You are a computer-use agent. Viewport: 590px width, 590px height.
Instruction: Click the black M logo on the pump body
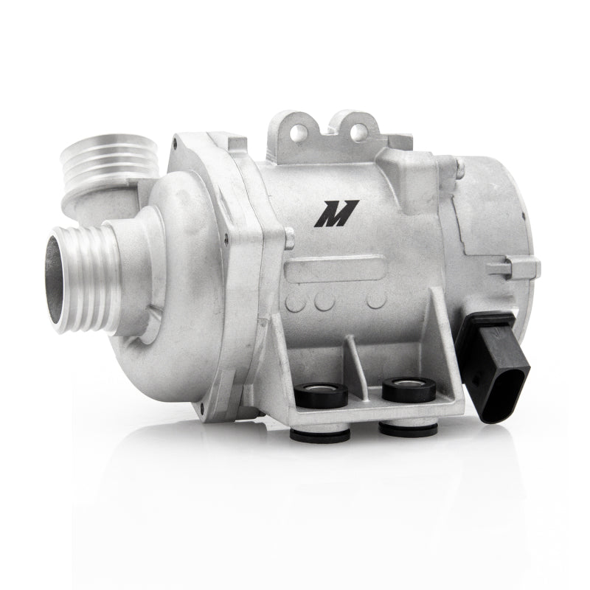pyautogui.click(x=336, y=213)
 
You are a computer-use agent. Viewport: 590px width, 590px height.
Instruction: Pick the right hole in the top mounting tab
pyautogui.click(x=359, y=132)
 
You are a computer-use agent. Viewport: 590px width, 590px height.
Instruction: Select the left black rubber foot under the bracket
pyautogui.click(x=319, y=436)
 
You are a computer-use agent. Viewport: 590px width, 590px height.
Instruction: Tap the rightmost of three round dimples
pyautogui.click(x=376, y=299)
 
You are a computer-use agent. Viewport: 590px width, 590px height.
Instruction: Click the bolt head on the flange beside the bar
pyautogui.click(x=289, y=237)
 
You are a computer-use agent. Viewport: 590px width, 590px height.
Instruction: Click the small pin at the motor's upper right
pyautogui.click(x=459, y=171)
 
